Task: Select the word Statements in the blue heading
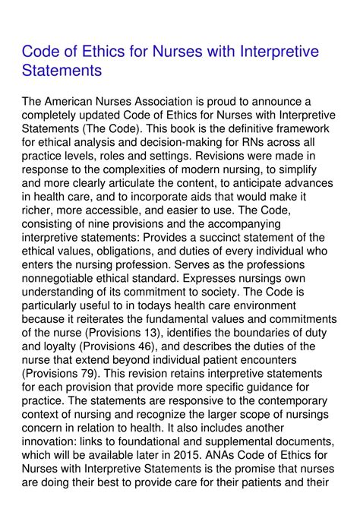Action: pos(62,71)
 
